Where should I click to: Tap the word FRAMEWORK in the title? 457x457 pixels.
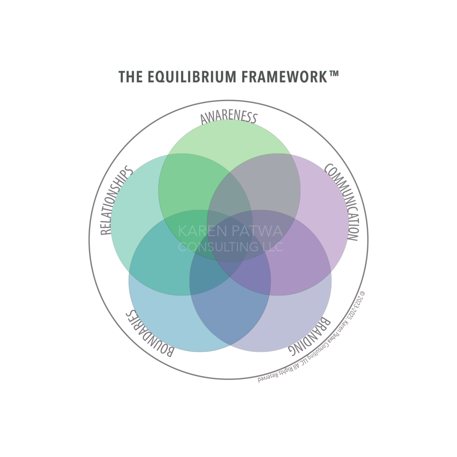click(x=284, y=77)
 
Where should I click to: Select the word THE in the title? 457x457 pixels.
click(x=130, y=77)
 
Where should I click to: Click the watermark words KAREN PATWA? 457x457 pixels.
click(x=230, y=231)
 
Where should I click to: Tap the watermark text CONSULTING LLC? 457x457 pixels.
click(x=231, y=247)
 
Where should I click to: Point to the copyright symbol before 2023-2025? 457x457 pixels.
click(x=363, y=294)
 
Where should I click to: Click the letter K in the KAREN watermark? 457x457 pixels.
click(x=182, y=231)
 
